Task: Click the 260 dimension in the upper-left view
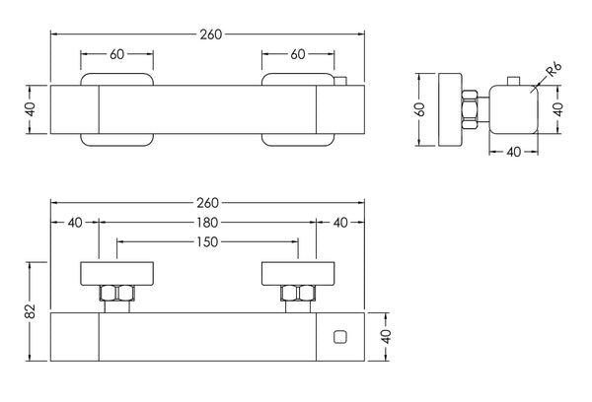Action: point(209,33)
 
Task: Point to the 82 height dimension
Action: point(32,311)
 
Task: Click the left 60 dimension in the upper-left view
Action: point(117,55)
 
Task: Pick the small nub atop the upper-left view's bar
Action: point(339,81)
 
